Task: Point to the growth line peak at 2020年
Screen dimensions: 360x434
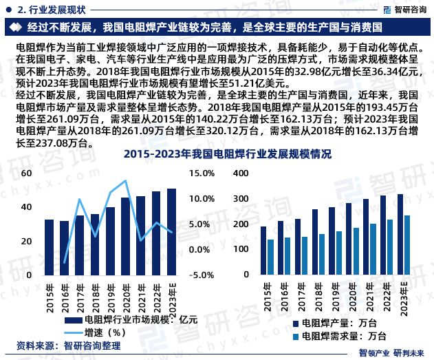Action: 125,181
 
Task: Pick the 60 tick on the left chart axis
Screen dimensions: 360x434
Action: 27,173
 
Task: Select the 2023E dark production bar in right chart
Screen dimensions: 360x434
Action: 400,234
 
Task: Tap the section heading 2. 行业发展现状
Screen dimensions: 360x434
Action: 52,9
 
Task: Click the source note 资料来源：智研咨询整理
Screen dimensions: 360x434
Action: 61,345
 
